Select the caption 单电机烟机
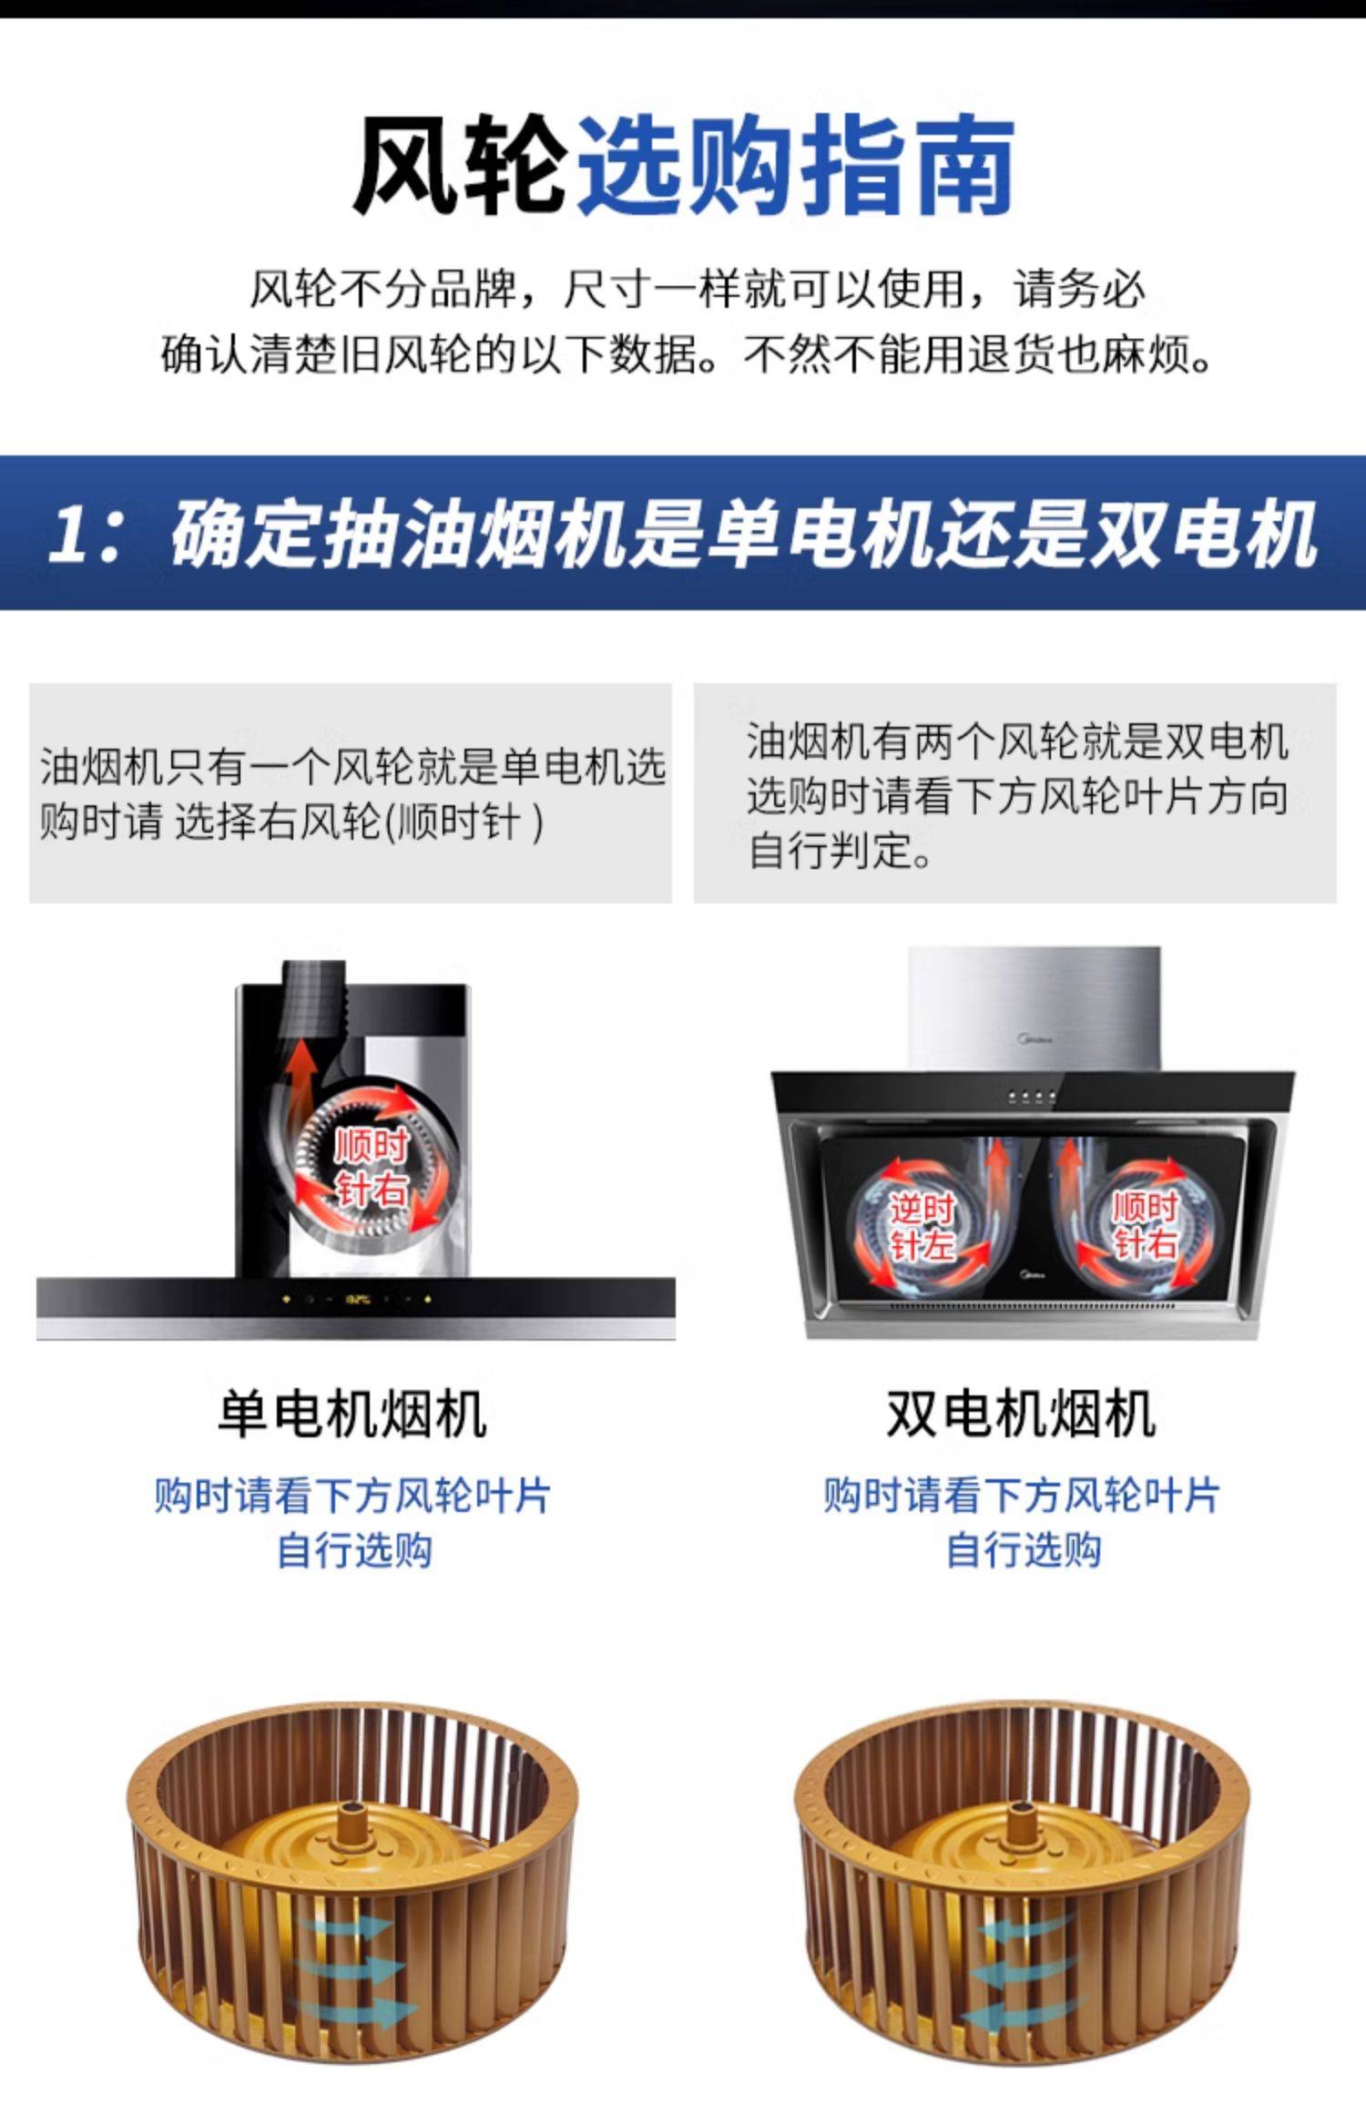click(352, 1415)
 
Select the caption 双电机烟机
click(1022, 1415)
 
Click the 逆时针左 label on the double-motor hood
click(921, 1227)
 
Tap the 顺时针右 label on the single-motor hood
click(371, 1168)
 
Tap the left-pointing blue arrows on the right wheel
click(1022, 1971)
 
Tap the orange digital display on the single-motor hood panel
click(357, 1299)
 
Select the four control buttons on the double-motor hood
click(1033, 1098)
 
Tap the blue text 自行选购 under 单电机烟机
click(354, 1550)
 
